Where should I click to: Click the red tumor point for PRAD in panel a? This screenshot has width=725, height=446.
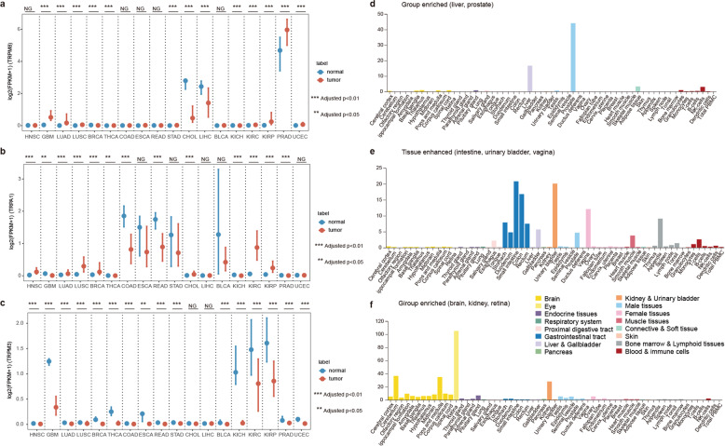tap(287, 30)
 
